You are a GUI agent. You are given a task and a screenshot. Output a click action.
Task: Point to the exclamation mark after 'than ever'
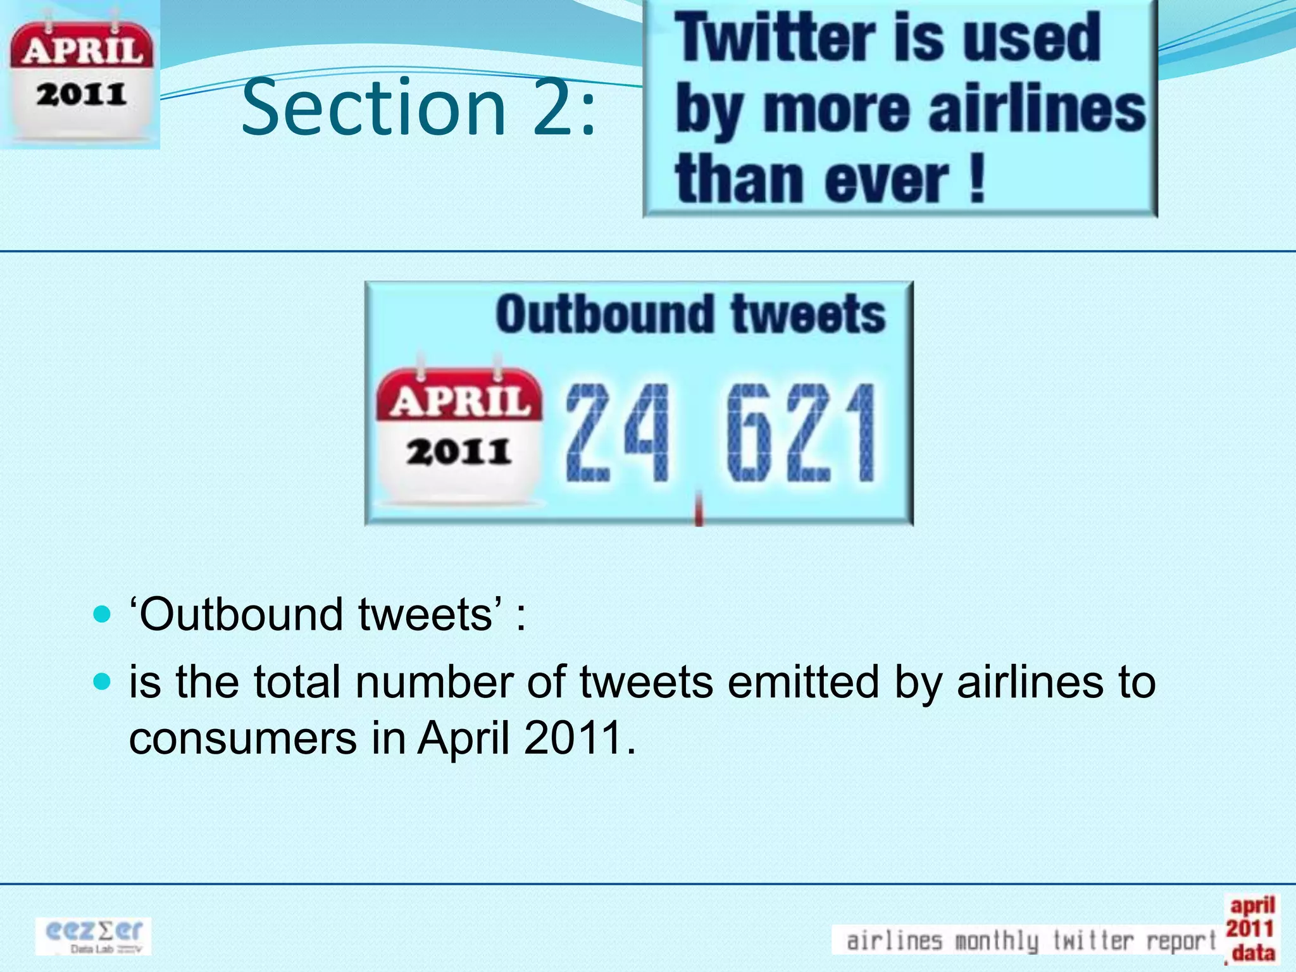click(976, 180)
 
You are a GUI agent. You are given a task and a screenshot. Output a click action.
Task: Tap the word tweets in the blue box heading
click(808, 315)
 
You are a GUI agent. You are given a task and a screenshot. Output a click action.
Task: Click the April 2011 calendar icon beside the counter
click(459, 434)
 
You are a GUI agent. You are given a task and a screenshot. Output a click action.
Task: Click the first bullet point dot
click(102, 614)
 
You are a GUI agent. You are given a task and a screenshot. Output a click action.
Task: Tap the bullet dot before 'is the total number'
click(102, 682)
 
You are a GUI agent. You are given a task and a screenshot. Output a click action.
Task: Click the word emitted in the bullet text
click(802, 682)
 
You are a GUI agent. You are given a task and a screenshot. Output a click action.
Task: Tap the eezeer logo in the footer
click(94, 935)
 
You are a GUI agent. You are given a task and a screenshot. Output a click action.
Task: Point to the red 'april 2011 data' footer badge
click(1251, 928)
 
